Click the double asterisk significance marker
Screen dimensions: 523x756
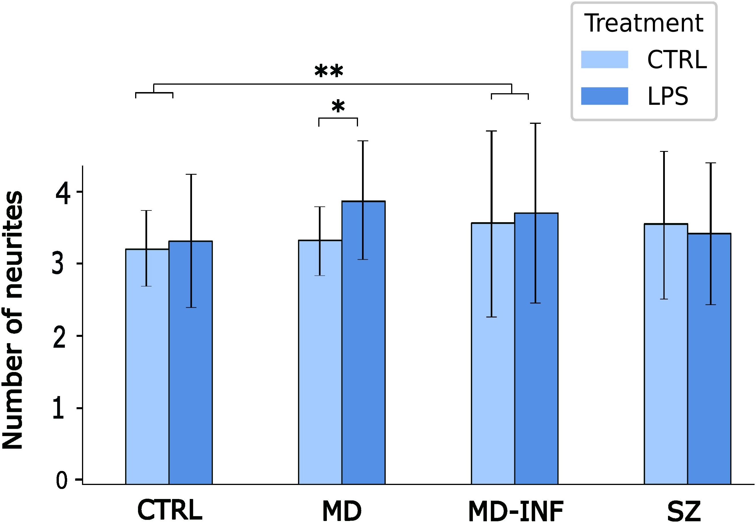tap(329, 71)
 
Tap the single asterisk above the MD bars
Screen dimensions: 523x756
tap(338, 106)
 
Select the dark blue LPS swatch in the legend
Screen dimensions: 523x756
tap(604, 96)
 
